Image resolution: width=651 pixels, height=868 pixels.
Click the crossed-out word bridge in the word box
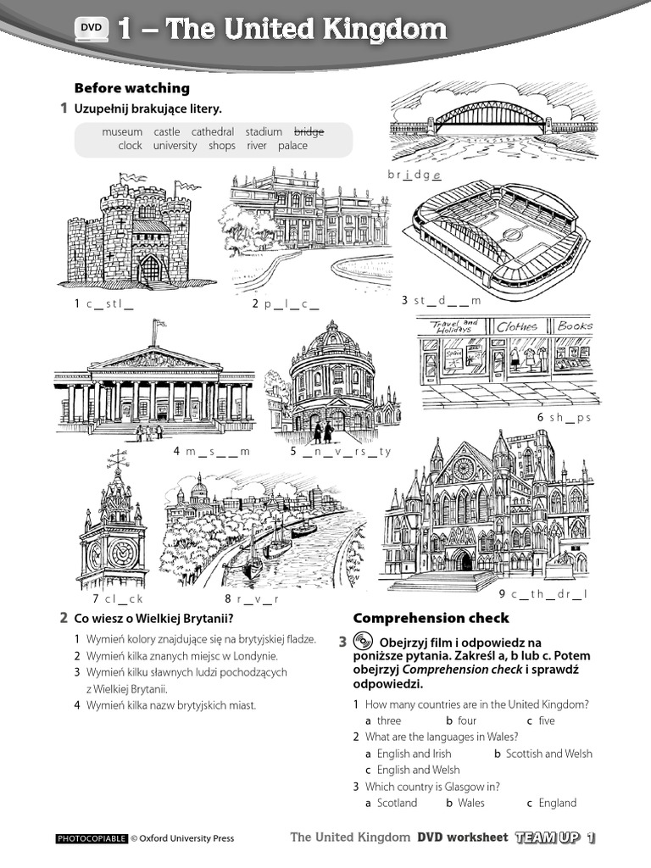[309, 131]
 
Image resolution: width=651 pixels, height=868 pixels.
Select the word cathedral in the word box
[213, 131]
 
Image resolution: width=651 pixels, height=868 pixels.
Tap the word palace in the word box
[292, 146]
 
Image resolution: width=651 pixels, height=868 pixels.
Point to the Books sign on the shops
[576, 325]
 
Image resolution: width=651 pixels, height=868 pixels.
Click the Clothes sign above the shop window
[516, 325]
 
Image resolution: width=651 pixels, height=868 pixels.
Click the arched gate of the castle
[149, 270]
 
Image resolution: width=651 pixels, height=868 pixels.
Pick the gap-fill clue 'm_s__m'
[212, 452]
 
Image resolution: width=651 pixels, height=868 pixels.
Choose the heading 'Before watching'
[132, 88]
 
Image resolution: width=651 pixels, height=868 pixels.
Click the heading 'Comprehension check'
[431, 618]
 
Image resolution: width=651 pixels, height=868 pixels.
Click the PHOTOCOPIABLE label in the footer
[91, 839]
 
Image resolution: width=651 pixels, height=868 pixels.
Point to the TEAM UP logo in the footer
[555, 837]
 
